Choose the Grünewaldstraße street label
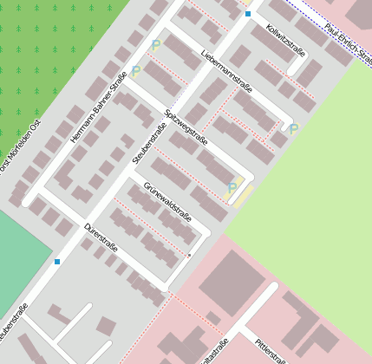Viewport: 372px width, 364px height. click(x=167, y=201)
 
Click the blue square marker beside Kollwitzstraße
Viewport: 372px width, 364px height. click(x=248, y=14)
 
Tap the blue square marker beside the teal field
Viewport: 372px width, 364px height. click(x=57, y=261)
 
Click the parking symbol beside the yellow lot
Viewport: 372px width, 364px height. click(x=232, y=186)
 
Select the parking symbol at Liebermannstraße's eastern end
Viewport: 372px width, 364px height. click(x=293, y=129)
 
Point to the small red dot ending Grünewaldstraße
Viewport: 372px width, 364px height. click(x=189, y=256)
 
